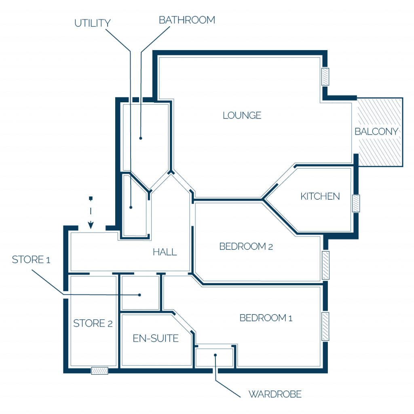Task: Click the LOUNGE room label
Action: pyautogui.click(x=242, y=115)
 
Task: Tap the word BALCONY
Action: pyautogui.click(x=376, y=131)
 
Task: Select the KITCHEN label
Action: pyautogui.click(x=320, y=196)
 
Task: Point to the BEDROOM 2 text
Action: pyautogui.click(x=246, y=246)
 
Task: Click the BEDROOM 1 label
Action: pyautogui.click(x=266, y=318)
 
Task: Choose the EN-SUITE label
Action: pyautogui.click(x=156, y=338)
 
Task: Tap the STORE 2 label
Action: pyautogui.click(x=93, y=323)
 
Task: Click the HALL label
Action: pyautogui.click(x=165, y=252)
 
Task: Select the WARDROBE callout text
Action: pyautogui.click(x=275, y=394)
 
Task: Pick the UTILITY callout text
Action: pyautogui.click(x=93, y=23)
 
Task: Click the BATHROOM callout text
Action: pyautogui.click(x=187, y=20)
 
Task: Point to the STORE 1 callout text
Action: pyautogui.click(x=31, y=260)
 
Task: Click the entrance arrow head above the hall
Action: pyautogui.click(x=91, y=225)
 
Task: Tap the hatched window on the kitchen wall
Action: pyautogui.click(x=356, y=203)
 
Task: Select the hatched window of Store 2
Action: pyautogui.click(x=99, y=371)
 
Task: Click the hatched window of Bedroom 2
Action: pyautogui.click(x=325, y=265)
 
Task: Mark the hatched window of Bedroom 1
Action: pyautogui.click(x=325, y=326)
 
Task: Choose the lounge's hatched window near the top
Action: pyautogui.click(x=325, y=77)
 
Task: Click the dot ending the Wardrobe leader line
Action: pyautogui.click(x=215, y=355)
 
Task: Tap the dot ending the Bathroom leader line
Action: pyautogui.click(x=141, y=138)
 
